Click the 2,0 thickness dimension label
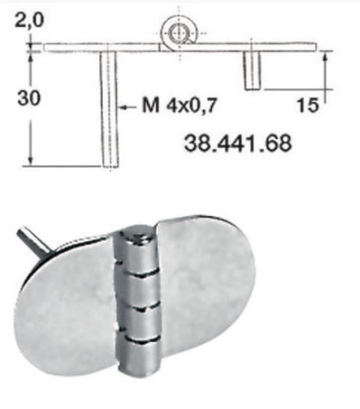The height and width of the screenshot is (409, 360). (29, 21)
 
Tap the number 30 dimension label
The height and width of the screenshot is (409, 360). (29, 98)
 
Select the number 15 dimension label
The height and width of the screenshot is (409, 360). (307, 106)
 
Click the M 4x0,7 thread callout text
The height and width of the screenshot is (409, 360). (180, 106)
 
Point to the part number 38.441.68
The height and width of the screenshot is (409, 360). (238, 144)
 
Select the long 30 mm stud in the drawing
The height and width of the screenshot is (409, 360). (109, 109)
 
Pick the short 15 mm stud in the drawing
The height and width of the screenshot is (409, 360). (252, 70)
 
